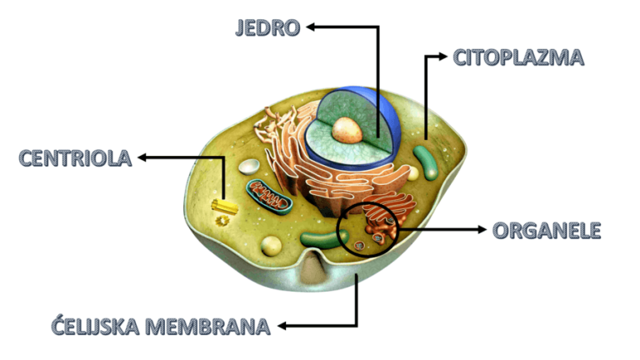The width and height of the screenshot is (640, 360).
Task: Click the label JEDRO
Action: (267, 27)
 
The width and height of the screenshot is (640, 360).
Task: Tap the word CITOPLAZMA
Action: (518, 57)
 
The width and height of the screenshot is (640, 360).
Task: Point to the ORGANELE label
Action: (546, 230)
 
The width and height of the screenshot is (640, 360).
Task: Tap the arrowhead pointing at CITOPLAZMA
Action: (442, 57)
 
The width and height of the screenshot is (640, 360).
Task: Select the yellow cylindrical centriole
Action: (222, 204)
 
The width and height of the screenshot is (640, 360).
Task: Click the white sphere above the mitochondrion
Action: (249, 166)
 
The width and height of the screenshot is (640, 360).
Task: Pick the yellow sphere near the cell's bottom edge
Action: (271, 246)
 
